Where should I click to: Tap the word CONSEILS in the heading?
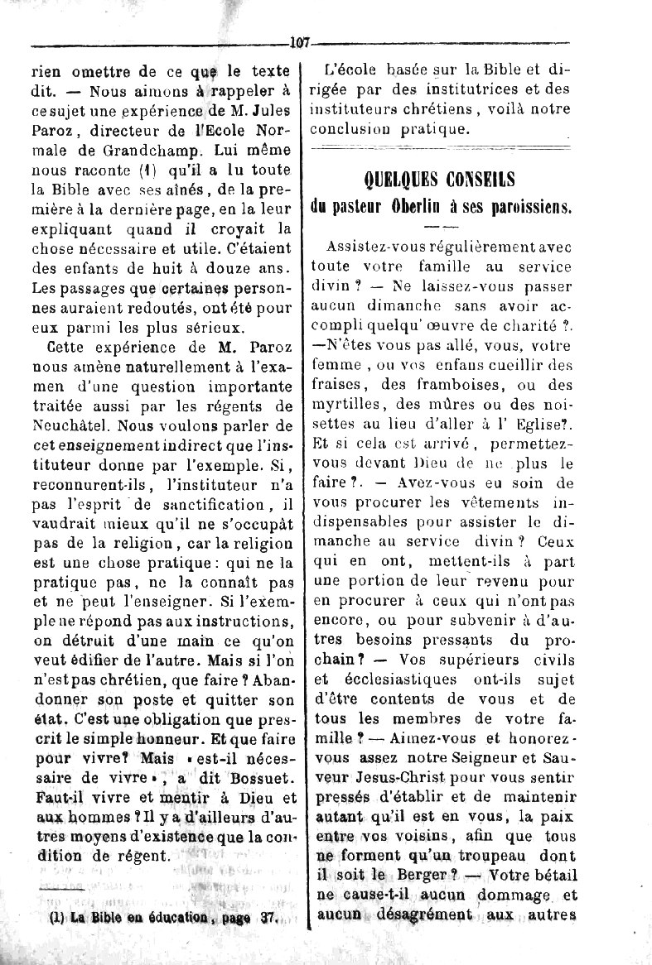click(486, 180)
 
